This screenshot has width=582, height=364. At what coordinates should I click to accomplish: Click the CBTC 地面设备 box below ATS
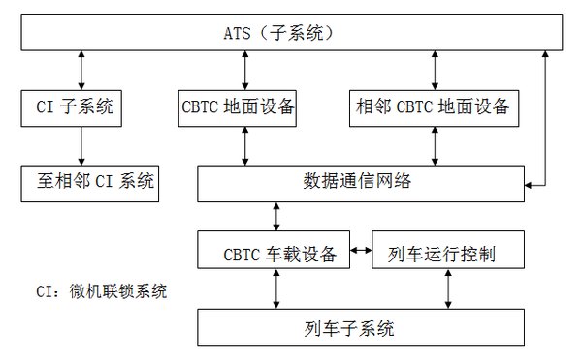(x=238, y=106)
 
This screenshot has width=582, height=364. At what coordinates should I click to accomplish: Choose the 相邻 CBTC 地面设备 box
(x=432, y=106)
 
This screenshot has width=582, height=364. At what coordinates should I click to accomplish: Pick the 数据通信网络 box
(x=361, y=180)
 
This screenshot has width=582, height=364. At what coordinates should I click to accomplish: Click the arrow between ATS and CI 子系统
(x=81, y=70)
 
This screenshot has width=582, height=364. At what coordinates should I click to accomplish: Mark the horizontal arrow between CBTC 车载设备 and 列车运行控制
(x=360, y=252)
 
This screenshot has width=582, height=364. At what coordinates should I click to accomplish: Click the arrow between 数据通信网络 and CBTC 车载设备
(x=278, y=215)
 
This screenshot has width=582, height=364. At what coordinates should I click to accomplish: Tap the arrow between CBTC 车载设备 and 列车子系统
(x=278, y=288)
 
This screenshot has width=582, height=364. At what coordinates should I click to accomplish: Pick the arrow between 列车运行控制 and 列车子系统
(x=448, y=288)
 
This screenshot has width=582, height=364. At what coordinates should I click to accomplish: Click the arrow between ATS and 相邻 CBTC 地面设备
(x=433, y=70)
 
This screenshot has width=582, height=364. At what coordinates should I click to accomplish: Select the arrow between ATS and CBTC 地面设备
(x=242, y=70)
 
